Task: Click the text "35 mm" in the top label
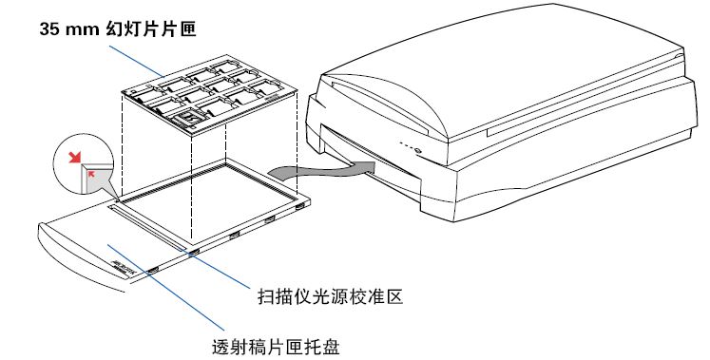67,29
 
